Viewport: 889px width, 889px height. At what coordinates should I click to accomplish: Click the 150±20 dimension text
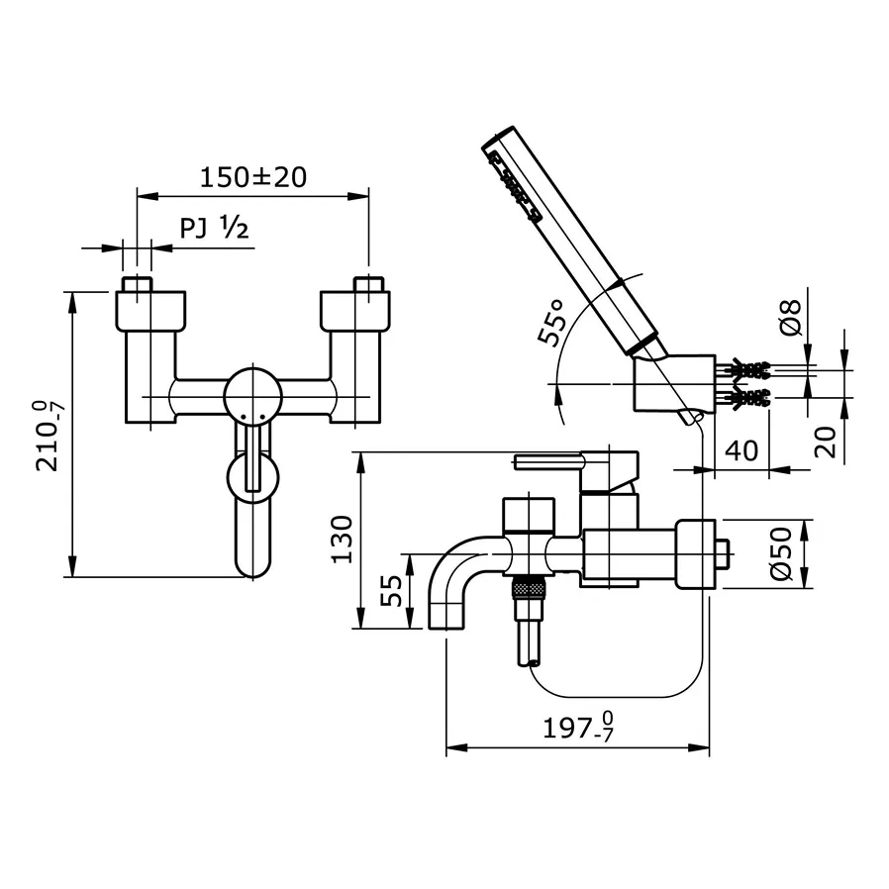tap(252, 177)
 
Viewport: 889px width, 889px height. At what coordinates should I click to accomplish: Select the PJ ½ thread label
tap(213, 230)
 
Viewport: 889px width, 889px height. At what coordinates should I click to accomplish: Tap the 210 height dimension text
tap(48, 435)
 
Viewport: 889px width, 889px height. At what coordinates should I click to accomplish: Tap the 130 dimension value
tap(342, 539)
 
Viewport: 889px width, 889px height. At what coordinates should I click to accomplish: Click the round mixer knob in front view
tap(251, 398)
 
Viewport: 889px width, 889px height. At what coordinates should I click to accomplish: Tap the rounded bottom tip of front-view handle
tap(252, 568)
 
